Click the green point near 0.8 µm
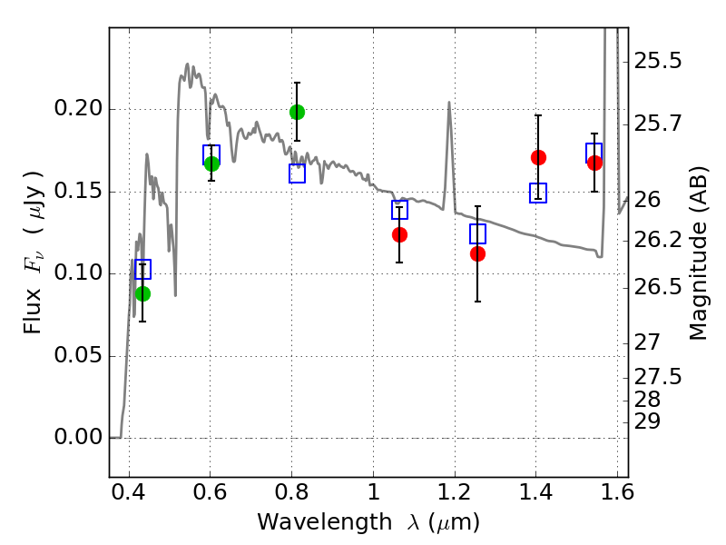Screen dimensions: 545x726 [x=297, y=112]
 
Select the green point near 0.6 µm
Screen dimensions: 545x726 [x=211, y=163]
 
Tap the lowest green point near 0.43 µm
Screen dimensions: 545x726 [x=142, y=293]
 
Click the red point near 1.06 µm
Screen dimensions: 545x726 [x=399, y=234]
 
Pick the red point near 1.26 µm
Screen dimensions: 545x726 [x=477, y=253]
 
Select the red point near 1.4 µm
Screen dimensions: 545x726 [x=538, y=157]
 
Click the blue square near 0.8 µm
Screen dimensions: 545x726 [x=297, y=173]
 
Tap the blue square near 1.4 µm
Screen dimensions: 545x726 [x=538, y=193]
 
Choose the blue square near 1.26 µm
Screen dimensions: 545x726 [x=477, y=234]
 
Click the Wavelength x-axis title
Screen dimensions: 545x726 [x=368, y=522]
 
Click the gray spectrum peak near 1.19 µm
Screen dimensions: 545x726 [x=449, y=103]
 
